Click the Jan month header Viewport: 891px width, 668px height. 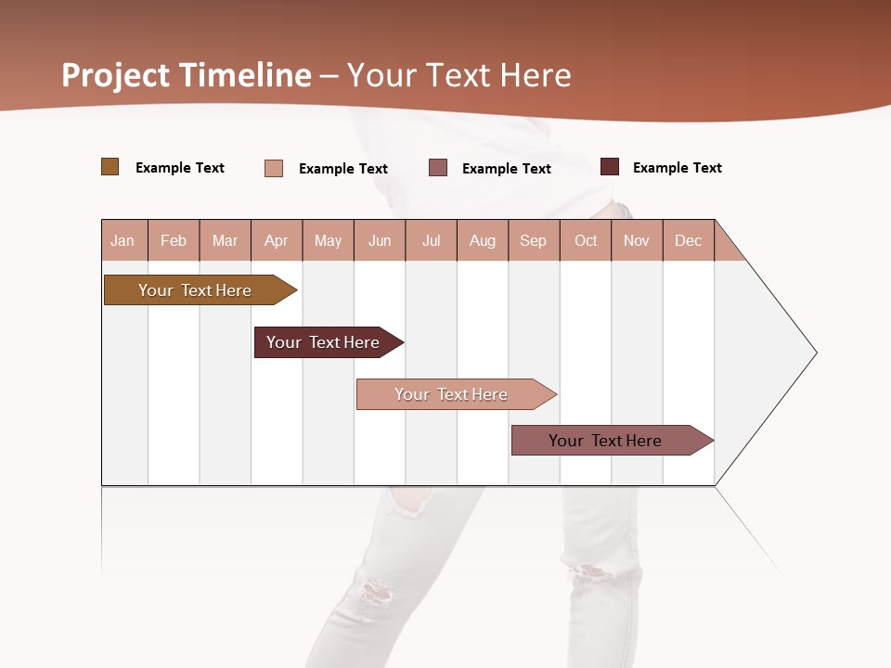123,240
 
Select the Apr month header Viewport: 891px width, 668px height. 277,240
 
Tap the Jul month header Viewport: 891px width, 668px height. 431,240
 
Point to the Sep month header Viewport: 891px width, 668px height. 533,240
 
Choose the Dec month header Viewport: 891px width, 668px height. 688,240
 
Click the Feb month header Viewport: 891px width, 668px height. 174,240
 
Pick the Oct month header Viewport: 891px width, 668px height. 586,240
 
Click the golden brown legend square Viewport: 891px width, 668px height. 110,167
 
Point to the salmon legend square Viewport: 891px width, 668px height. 274,168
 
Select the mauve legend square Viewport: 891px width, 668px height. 438,168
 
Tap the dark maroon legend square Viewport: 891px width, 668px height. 610,167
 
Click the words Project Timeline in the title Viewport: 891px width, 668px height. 187,75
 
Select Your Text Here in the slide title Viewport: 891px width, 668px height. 459,75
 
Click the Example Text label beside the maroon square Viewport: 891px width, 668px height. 677,168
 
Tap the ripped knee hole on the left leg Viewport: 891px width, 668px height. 374,590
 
